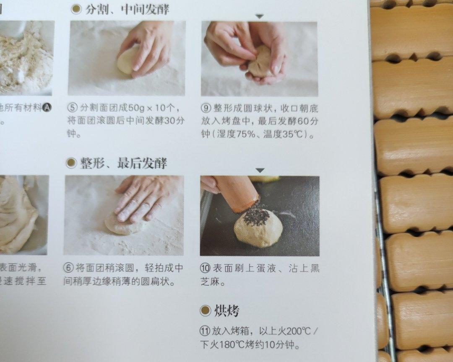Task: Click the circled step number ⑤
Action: click(73, 108)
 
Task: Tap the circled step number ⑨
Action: click(206, 108)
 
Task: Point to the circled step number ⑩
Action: click(206, 269)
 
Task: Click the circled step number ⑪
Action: click(205, 331)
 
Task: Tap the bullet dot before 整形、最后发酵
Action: click(71, 163)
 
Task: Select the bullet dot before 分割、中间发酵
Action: click(76, 9)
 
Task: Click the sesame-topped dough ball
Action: click(258, 227)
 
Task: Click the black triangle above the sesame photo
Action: click(260, 171)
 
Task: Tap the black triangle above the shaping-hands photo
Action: click(260, 16)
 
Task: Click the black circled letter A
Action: click(47, 108)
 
